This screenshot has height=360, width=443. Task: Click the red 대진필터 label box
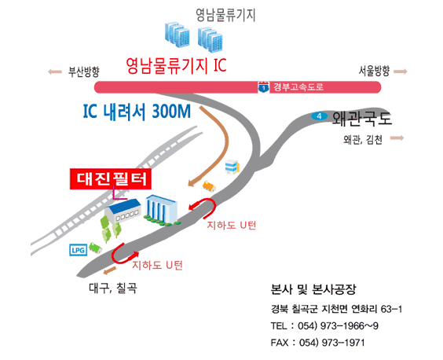click(111, 178)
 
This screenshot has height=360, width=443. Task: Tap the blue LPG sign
click(79, 250)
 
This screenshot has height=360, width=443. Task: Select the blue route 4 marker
click(319, 116)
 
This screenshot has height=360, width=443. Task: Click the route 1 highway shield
click(264, 86)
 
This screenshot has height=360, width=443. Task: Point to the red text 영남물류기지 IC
click(176, 65)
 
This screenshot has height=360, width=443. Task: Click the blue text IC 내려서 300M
click(137, 111)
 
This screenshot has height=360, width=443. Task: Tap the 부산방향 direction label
click(83, 72)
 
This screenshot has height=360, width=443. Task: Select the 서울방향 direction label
click(375, 71)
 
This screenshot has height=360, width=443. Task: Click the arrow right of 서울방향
click(401, 72)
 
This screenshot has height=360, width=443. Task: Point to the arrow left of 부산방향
click(55, 72)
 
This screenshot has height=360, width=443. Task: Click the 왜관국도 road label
click(362, 119)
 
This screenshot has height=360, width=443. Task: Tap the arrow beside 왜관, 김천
click(397, 138)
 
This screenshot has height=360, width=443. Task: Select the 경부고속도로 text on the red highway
click(298, 86)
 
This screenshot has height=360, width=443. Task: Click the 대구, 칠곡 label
click(113, 288)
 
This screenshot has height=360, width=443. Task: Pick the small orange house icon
click(209, 186)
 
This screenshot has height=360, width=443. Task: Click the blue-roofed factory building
click(123, 211)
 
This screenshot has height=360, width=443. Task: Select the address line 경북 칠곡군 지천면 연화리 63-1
click(336, 309)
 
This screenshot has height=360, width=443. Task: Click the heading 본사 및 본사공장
click(313, 289)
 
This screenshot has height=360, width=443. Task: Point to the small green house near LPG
click(96, 248)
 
